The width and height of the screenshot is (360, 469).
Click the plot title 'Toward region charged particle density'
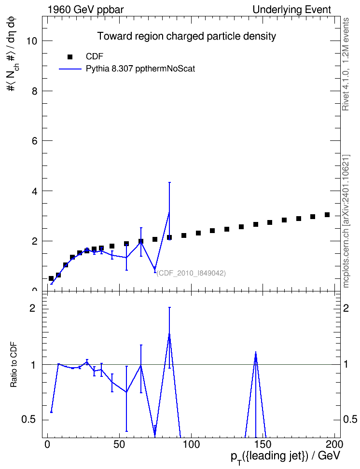click(186, 36)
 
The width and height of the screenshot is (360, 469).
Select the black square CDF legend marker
click(70, 56)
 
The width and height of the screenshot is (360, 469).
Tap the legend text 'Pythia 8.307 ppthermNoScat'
click(140, 69)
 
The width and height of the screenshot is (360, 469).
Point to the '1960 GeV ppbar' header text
click(85, 10)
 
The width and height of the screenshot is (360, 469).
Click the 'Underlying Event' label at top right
click(292, 10)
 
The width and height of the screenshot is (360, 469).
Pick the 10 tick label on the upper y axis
click(31, 41)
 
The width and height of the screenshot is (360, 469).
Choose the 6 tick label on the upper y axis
click(34, 141)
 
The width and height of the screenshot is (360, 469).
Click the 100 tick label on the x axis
click(191, 444)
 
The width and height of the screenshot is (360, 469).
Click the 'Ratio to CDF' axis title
click(14, 364)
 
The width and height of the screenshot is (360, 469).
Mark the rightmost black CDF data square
click(327, 215)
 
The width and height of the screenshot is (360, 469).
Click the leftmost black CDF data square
click(51, 278)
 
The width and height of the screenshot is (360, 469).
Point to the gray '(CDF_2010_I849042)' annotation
click(191, 273)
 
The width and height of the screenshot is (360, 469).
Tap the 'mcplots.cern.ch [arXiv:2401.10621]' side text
click(346, 221)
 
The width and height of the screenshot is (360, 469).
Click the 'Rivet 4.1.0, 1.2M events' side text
click(346, 64)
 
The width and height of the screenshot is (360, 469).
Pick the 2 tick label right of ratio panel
click(346, 308)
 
